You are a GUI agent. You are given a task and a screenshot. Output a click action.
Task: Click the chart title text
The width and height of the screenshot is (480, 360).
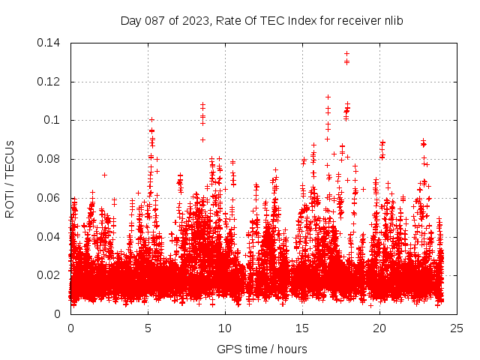point(262,21)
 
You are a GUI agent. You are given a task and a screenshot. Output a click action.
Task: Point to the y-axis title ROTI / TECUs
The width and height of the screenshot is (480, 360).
point(10,178)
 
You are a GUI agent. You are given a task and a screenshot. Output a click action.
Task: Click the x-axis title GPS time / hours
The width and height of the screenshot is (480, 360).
point(262,349)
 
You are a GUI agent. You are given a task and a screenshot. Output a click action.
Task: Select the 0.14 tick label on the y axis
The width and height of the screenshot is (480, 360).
point(50,43)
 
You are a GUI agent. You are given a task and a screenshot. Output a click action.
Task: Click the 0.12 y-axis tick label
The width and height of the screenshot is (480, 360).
point(50,82)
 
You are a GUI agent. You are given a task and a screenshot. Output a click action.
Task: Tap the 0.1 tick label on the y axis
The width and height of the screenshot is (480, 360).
point(54,120)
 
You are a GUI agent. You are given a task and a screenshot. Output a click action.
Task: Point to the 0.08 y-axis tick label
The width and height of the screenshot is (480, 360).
point(50,159)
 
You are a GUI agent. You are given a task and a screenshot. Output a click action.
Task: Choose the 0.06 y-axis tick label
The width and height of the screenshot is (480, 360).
point(50,198)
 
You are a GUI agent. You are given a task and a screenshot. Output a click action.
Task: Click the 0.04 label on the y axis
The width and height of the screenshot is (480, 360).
point(50,237)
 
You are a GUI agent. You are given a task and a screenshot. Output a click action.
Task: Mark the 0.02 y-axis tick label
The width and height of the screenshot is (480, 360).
point(50,275)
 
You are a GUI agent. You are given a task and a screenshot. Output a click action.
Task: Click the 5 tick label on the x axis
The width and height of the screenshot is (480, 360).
point(148,328)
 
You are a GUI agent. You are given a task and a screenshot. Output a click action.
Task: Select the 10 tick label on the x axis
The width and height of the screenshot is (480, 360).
point(225,328)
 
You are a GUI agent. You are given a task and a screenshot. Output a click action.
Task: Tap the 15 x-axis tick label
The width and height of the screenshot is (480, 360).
point(302,328)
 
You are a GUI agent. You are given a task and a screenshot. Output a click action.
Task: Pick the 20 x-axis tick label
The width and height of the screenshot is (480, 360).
point(379,328)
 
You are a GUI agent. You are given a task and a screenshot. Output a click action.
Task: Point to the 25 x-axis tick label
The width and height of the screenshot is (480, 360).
point(457,328)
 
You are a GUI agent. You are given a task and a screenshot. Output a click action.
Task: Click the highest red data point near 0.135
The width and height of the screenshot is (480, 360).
point(346,53)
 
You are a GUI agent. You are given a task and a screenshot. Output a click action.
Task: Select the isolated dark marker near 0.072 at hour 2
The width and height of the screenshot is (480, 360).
point(104,175)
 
